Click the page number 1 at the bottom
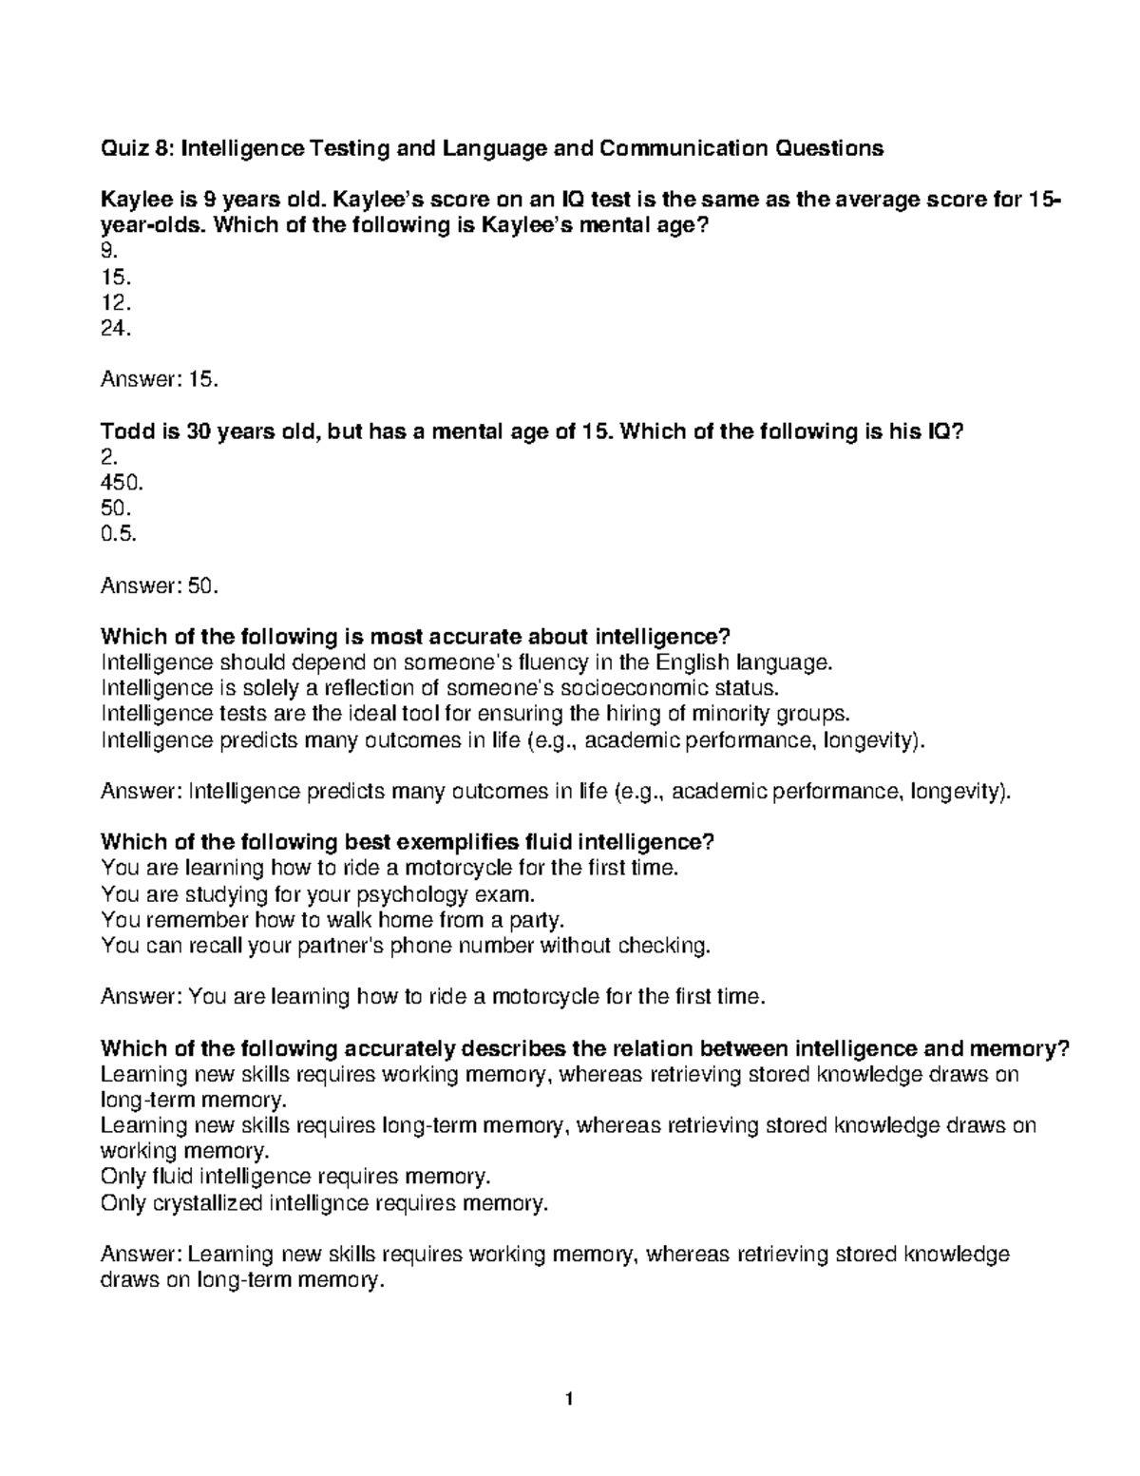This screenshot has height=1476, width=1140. (x=569, y=1399)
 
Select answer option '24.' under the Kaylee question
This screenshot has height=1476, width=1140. (x=112, y=329)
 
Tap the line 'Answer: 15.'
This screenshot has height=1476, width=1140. (x=160, y=380)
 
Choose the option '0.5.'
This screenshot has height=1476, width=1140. (x=118, y=534)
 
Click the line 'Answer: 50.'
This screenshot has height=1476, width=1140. (x=160, y=585)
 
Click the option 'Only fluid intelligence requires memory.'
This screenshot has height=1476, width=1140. (x=295, y=1177)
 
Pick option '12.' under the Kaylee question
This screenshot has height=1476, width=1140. (x=112, y=303)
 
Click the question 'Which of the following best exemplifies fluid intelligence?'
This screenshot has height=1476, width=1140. (x=407, y=842)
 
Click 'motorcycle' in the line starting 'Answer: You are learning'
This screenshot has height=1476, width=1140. (x=550, y=997)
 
